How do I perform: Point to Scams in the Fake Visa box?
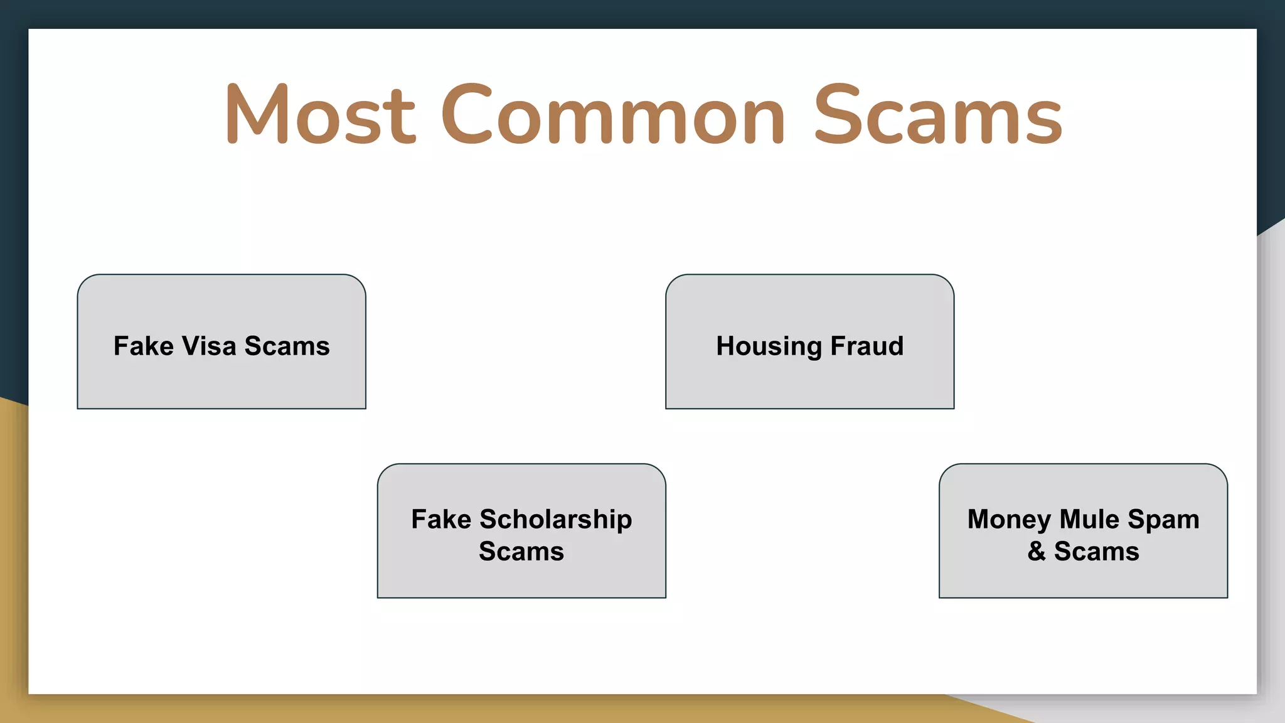click(287, 346)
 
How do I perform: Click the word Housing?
click(769, 346)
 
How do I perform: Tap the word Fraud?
click(866, 346)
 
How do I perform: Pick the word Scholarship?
click(555, 520)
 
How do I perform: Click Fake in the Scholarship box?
click(441, 519)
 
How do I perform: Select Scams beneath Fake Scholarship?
click(521, 552)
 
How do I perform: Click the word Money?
click(1009, 520)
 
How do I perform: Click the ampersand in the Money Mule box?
click(1037, 552)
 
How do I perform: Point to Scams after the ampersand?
click(1096, 552)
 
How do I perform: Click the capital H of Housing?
click(727, 346)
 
